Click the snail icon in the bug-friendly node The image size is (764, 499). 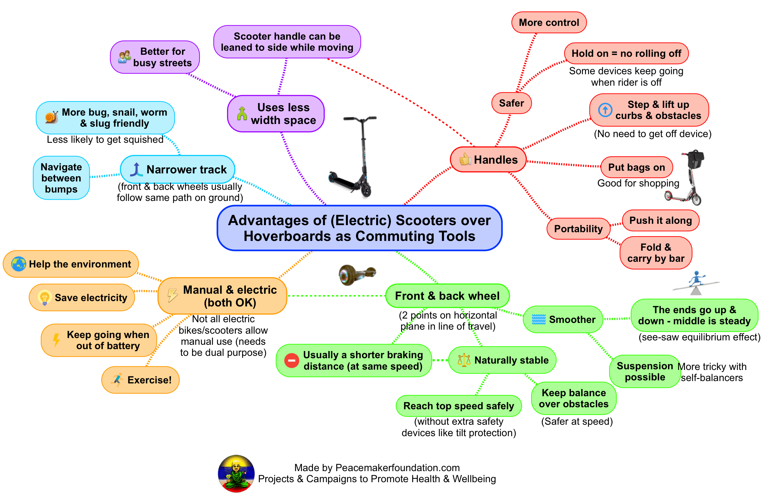(x=51, y=117)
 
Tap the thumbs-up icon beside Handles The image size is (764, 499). (x=465, y=159)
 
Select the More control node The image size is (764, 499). (x=549, y=23)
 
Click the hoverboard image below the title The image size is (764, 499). (x=357, y=274)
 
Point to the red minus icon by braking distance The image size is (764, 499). (x=291, y=361)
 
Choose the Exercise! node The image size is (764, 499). (x=140, y=380)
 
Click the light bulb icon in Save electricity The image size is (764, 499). (x=44, y=298)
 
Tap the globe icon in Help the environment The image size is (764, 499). (x=18, y=264)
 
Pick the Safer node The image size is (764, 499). (x=511, y=103)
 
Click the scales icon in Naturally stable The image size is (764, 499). (x=464, y=360)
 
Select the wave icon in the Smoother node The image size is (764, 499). (x=539, y=319)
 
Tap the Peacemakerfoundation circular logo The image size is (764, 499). (x=236, y=473)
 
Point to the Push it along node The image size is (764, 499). (x=660, y=220)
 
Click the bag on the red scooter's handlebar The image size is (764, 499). (x=695, y=160)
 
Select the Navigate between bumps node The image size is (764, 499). (x=61, y=178)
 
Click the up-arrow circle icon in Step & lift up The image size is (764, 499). (x=605, y=110)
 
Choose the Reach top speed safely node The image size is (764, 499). (x=458, y=406)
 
